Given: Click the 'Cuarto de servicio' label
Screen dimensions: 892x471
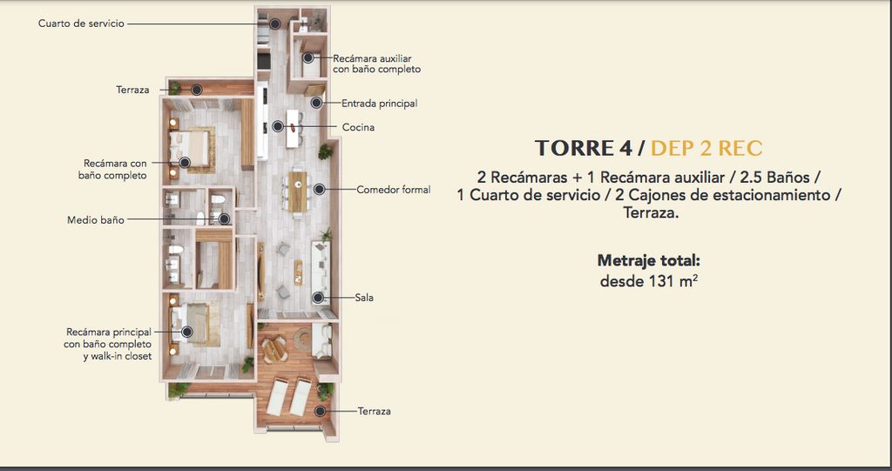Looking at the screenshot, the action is click(81, 24).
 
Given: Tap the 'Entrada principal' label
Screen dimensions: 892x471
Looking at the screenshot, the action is click(380, 104).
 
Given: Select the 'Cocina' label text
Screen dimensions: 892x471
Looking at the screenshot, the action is click(358, 127).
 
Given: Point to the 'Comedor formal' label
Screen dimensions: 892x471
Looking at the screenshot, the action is click(394, 190).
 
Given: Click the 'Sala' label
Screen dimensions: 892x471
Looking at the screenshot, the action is click(364, 298).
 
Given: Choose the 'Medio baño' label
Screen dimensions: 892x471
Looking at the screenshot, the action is click(96, 219).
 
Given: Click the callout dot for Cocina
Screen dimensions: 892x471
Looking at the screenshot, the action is click(278, 126).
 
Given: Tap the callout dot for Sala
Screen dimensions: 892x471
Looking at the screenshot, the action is click(318, 298).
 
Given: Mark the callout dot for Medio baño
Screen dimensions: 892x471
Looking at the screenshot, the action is click(224, 219).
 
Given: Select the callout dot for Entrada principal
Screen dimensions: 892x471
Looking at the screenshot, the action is click(317, 103).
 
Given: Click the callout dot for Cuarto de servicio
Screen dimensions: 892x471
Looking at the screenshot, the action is click(274, 24).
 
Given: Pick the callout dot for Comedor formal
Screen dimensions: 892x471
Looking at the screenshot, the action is click(320, 190).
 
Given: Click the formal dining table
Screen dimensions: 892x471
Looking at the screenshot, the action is click(298, 192).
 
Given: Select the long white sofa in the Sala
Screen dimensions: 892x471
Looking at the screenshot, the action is click(321, 265).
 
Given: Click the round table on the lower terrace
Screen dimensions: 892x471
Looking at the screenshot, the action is click(274, 350).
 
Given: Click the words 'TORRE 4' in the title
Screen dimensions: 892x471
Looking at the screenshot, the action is click(584, 149).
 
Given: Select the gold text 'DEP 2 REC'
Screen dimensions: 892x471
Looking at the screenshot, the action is click(706, 149).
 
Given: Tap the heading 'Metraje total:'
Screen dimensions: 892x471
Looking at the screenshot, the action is click(648, 261).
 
